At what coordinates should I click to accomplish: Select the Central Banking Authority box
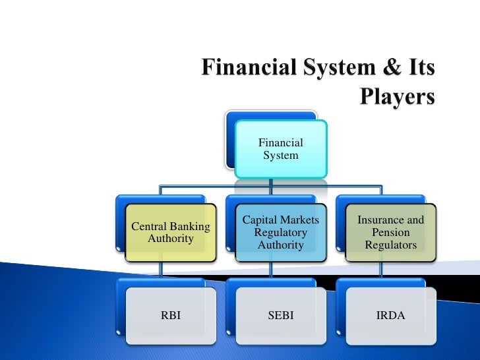click(x=171, y=233)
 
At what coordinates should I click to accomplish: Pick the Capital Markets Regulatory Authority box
click(x=280, y=233)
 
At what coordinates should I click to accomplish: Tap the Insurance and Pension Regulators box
click(x=390, y=233)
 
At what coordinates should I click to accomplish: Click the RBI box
click(x=171, y=316)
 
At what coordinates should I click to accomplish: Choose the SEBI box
click(x=280, y=316)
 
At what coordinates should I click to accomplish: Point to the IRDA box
click(x=390, y=316)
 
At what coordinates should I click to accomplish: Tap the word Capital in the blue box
click(x=259, y=220)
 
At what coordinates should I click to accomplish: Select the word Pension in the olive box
click(x=390, y=233)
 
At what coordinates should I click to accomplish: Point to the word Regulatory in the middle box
click(x=280, y=233)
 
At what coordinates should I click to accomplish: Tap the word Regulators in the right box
click(x=390, y=245)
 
